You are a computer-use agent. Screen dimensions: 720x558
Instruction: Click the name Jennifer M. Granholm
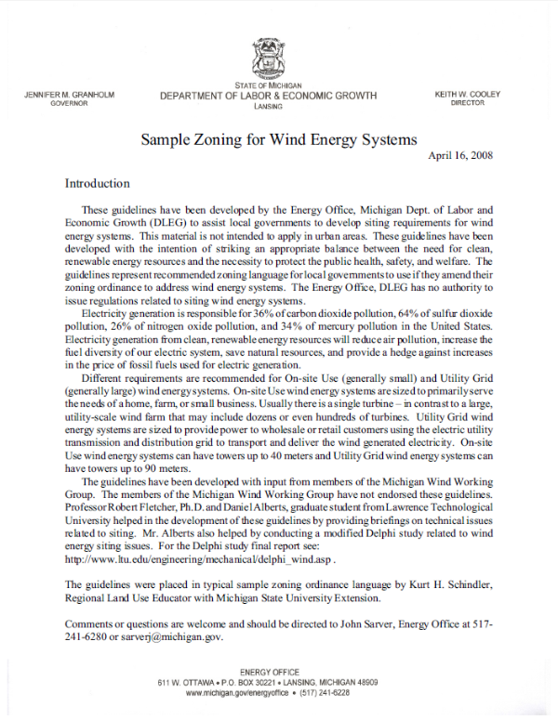62,95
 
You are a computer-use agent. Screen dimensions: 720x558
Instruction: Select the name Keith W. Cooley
468,95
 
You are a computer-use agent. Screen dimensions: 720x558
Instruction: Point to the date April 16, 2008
460,155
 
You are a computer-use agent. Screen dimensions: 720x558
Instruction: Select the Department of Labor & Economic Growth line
268,96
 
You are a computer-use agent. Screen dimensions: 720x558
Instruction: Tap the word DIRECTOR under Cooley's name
468,104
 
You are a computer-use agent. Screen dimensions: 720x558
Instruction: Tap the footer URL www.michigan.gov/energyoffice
238,693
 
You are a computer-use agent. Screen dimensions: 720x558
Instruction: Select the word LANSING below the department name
268,107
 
